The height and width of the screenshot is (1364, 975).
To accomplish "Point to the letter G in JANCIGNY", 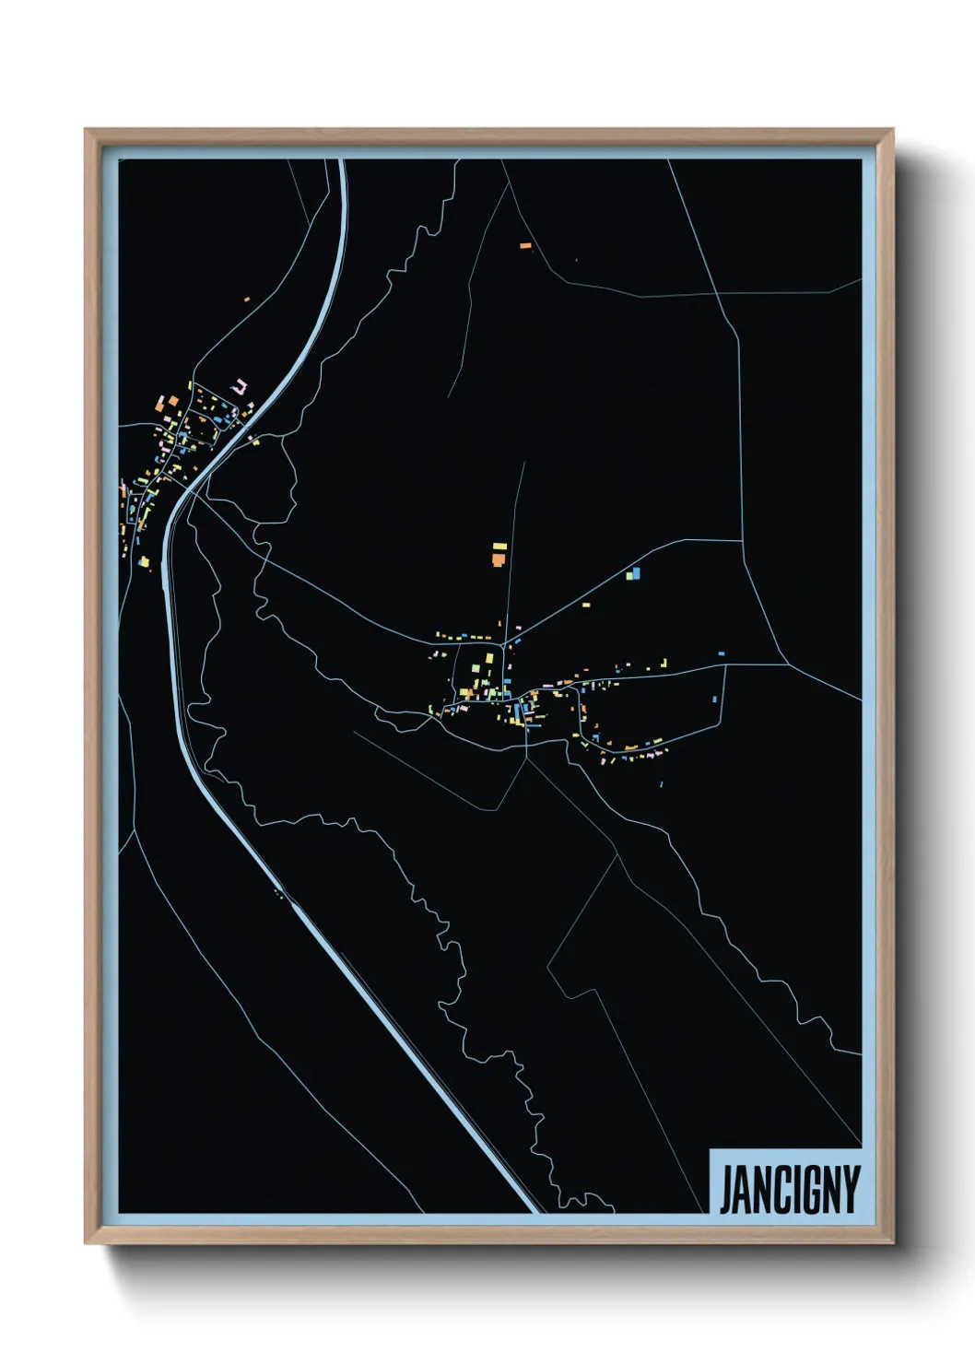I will pyautogui.click(x=806, y=1190).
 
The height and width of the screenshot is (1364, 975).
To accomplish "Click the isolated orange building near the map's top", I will pyautogui.click(x=525, y=246).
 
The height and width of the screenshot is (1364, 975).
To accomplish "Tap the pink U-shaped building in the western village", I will pyautogui.click(x=241, y=386).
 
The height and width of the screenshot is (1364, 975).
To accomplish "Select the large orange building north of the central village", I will pyautogui.click(x=499, y=559).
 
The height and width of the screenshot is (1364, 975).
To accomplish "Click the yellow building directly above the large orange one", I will pyautogui.click(x=499, y=547).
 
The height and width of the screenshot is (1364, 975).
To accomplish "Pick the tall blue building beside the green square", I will pyautogui.click(x=636, y=573).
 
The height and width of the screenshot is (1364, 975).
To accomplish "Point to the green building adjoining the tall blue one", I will pyautogui.click(x=629, y=575).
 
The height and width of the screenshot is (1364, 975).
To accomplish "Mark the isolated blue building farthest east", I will pyautogui.click(x=722, y=653).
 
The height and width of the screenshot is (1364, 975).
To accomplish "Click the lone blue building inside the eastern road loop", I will pyautogui.click(x=715, y=700).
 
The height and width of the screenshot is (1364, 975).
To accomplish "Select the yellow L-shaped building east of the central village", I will pyautogui.click(x=663, y=663).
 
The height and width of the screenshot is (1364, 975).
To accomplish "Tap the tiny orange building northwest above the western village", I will pyautogui.click(x=247, y=299).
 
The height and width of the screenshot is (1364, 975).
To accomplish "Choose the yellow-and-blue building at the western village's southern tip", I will pyautogui.click(x=144, y=561).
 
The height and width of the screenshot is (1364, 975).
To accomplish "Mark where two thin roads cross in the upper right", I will pyautogui.click(x=718, y=294).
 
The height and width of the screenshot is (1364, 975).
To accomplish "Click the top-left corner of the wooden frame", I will pyautogui.click(x=87, y=131).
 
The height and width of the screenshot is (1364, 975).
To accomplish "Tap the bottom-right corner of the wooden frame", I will pyautogui.click(x=892, y=1243).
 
